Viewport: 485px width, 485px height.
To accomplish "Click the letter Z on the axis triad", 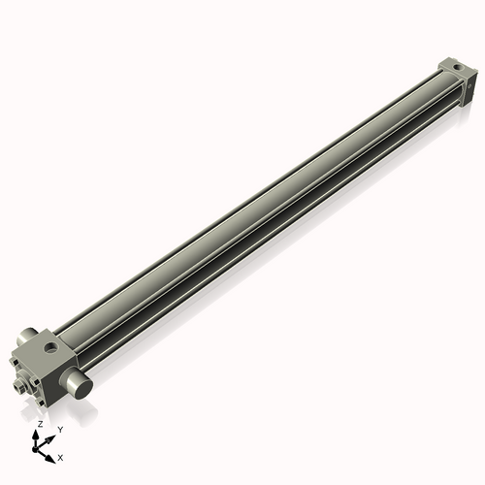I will tap(41, 424).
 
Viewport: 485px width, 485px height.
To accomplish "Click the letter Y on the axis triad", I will tap(60, 430).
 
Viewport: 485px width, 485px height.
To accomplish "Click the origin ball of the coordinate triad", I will tap(35, 449).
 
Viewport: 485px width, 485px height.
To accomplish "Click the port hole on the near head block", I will tap(50, 347).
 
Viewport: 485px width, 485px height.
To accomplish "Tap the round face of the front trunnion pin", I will tap(82, 389).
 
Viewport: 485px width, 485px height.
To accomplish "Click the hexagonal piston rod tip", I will tap(18, 387).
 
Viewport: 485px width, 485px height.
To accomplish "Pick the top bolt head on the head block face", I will tap(15, 362).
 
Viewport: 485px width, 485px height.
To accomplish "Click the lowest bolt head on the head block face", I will tap(41, 403).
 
